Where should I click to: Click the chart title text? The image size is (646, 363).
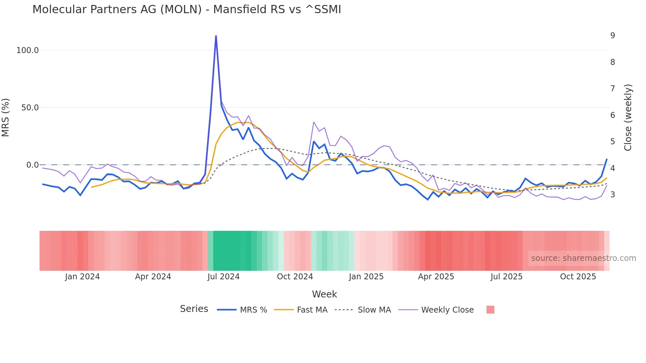(187, 10)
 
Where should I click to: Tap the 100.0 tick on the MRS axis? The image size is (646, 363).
(27, 50)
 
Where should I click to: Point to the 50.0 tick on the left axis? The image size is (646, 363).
(30, 108)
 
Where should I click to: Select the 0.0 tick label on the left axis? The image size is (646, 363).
(32, 165)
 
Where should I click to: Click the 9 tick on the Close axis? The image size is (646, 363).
(612, 36)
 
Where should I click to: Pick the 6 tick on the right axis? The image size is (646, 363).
(612, 115)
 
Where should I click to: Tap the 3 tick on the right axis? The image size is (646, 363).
(612, 195)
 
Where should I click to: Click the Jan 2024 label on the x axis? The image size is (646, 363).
(82, 277)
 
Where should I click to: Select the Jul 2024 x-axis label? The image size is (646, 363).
(223, 277)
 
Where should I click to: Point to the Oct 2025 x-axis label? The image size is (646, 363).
(578, 277)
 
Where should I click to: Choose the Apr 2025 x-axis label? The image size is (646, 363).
(436, 277)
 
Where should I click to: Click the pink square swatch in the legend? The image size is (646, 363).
(490, 310)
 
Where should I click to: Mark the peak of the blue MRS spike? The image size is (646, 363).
(216, 36)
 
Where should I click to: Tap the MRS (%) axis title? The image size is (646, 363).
(6, 117)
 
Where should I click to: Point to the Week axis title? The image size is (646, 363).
(324, 294)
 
